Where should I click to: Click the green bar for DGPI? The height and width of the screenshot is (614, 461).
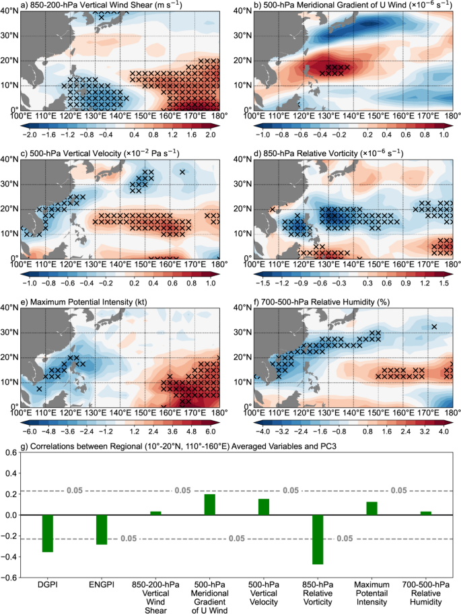point(47,533)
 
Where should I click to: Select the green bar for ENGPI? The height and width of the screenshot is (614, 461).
point(102,529)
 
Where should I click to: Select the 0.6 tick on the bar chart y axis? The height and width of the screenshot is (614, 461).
point(13,452)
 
